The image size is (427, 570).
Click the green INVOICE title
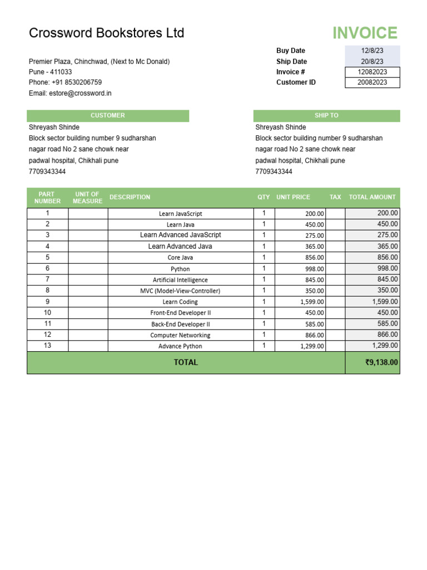[x=365, y=33]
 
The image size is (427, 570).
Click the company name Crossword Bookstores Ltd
[x=106, y=33]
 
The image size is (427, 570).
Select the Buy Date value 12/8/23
[x=372, y=51]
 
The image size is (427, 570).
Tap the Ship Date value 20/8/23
[x=372, y=62]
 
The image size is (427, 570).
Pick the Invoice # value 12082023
[x=372, y=72]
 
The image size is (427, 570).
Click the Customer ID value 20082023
[x=372, y=82]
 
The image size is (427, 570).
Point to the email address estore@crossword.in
[x=80, y=94]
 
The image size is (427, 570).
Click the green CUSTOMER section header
[x=108, y=116]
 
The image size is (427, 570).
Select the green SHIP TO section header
[x=326, y=116]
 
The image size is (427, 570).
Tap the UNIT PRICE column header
[x=293, y=197]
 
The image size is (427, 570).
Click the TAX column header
[x=335, y=197]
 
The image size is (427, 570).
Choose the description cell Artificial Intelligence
[x=181, y=280]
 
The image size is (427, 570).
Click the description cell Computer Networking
[x=181, y=335]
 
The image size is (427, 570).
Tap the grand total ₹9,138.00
[x=381, y=362]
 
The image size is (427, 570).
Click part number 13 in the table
[x=48, y=346]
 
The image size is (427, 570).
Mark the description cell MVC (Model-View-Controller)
[x=181, y=291]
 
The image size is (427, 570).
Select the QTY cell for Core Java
[x=264, y=257]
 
